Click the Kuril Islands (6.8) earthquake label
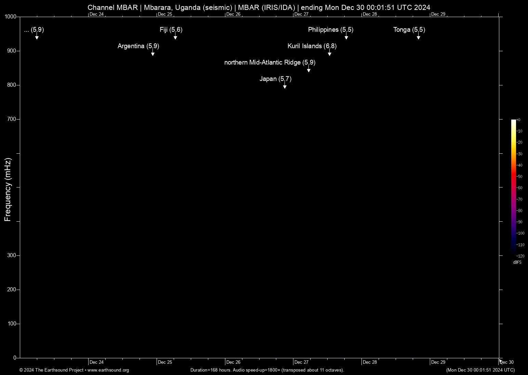[312, 46]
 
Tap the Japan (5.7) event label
[275, 79]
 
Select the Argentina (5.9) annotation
[138, 46]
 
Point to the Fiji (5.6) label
[171, 30]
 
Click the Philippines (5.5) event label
[331, 30]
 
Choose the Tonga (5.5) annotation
[409, 30]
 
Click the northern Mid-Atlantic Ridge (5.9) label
[270, 62]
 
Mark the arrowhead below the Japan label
[285, 87]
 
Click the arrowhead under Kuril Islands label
[329, 54]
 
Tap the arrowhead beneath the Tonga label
[418, 38]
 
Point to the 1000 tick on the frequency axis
[11, 17]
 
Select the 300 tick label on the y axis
[12, 255]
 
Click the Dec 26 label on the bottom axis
[233, 362]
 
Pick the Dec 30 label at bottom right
[507, 362]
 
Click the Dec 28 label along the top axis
[370, 14]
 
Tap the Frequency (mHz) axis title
[8, 190]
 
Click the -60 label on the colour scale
[519, 188]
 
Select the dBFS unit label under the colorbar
[517, 262]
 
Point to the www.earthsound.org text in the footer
[108, 370]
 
